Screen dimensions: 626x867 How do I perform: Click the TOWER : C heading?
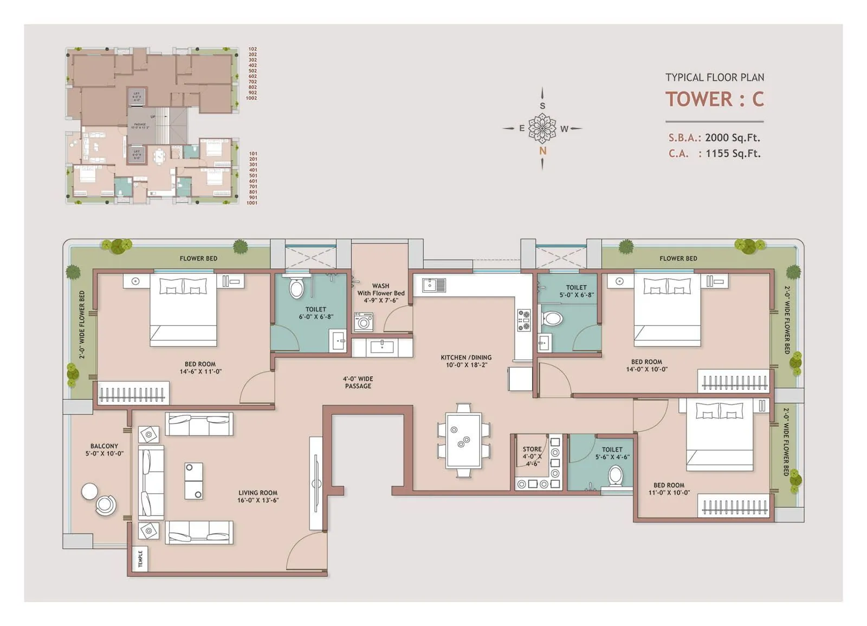714,99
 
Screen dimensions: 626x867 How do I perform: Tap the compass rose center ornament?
542,128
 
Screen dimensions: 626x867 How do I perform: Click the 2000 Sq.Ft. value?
732,138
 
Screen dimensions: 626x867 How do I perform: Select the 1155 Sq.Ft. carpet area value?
733,154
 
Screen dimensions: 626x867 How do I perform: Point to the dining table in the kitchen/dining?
463,440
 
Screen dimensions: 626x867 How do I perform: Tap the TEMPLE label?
140,559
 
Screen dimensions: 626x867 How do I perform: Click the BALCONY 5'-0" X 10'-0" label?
104,450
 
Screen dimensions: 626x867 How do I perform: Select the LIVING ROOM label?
257,497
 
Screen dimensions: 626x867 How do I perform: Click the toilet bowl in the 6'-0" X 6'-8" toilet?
296,288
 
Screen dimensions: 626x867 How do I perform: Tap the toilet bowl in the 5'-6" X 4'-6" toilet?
616,477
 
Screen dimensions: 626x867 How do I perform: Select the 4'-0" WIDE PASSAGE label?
358,382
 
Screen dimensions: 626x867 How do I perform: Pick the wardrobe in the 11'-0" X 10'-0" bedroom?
735,506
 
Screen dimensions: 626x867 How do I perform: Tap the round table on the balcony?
89,491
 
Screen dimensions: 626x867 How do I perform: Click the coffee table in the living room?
193,481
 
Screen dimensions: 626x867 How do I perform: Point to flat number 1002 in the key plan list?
251,98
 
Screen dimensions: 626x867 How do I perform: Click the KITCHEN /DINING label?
466,361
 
